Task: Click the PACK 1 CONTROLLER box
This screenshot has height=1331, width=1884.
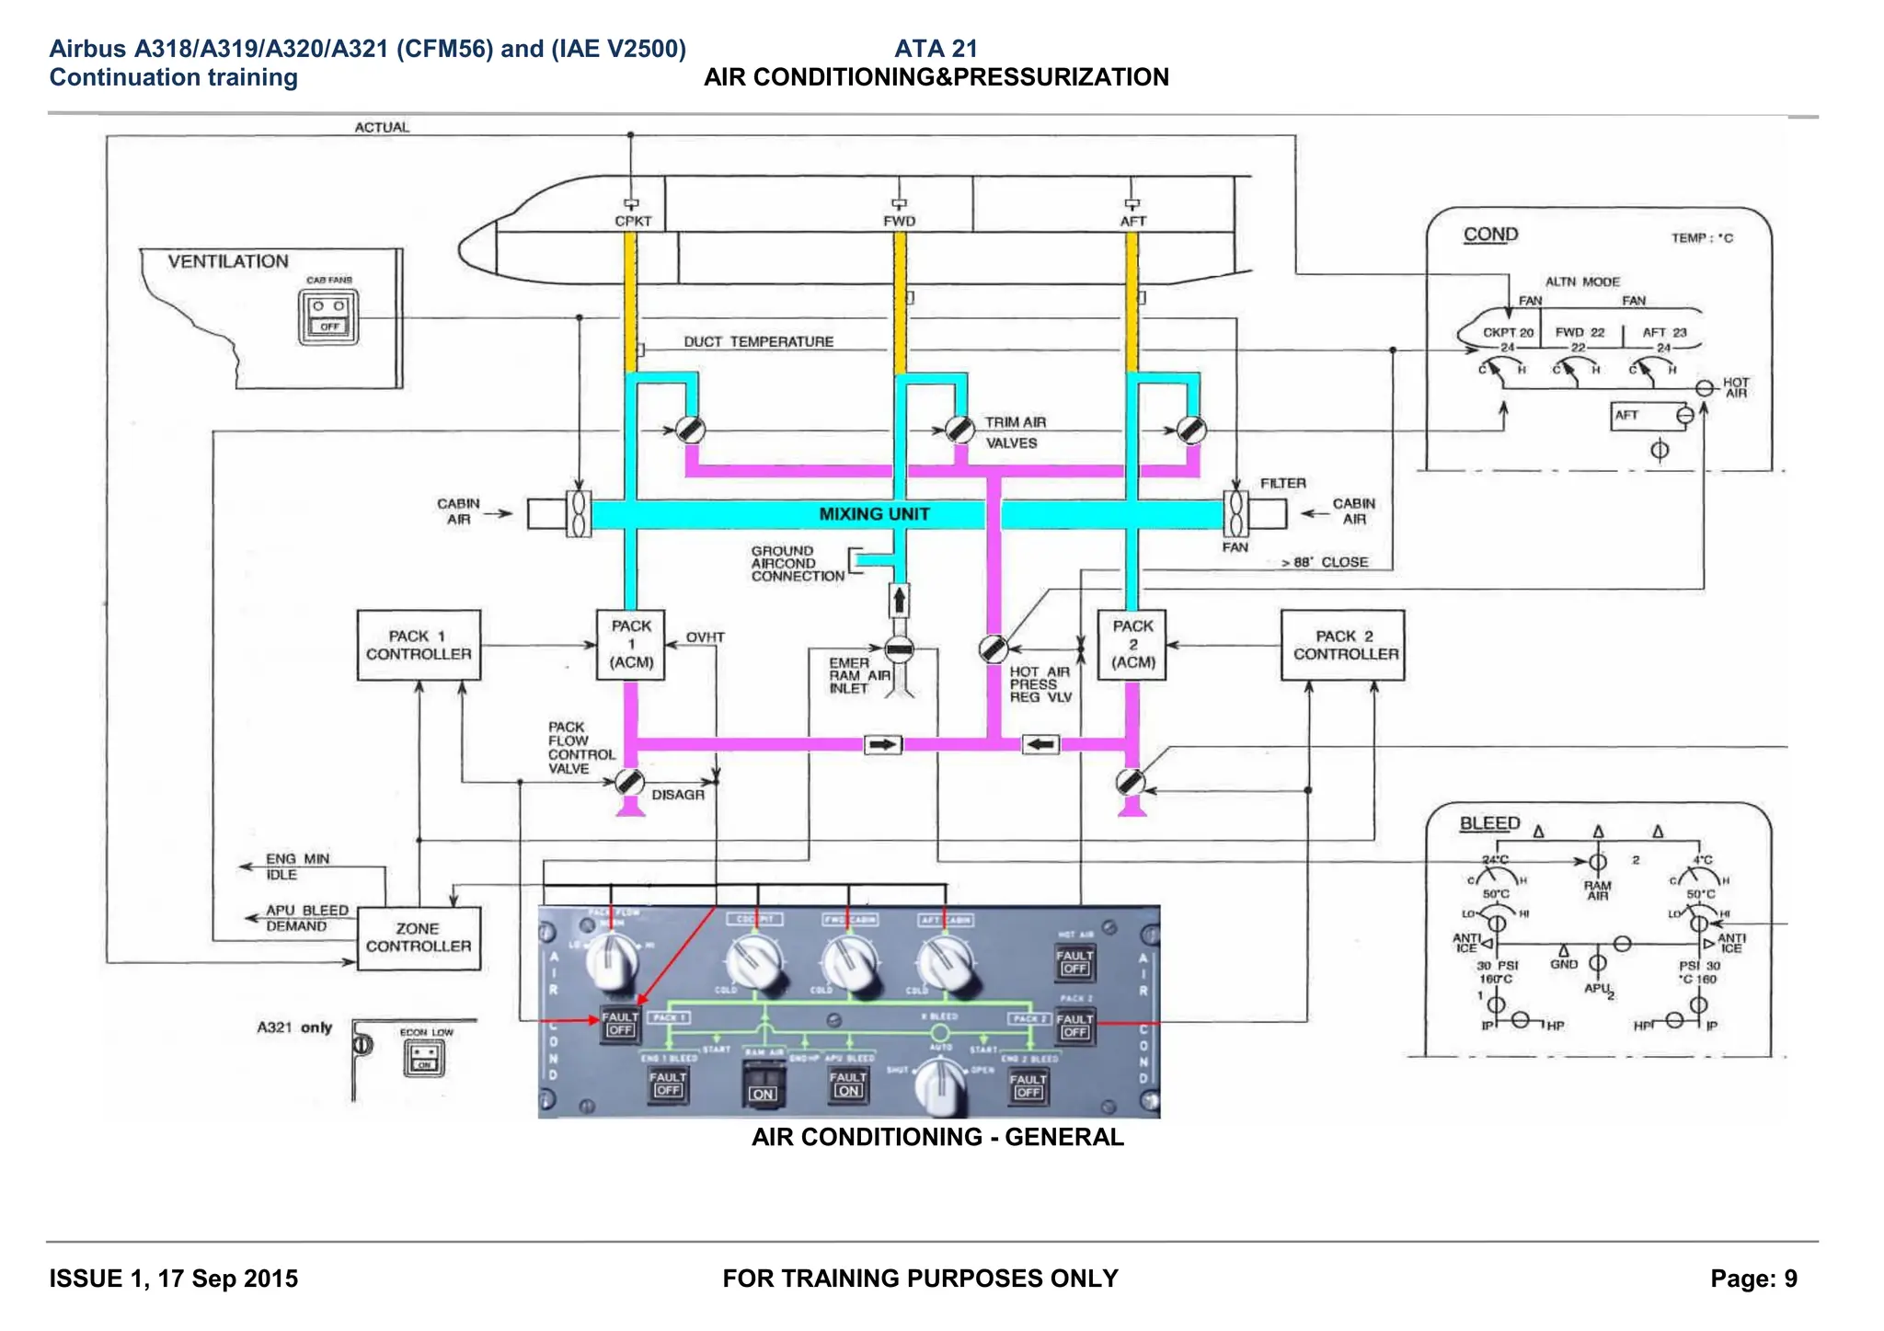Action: (419, 645)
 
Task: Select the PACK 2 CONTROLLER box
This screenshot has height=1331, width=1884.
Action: (1342, 645)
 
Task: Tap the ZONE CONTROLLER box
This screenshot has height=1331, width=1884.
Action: (419, 937)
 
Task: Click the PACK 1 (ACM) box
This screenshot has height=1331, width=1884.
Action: (631, 644)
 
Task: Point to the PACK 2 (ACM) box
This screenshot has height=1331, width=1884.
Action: (1132, 644)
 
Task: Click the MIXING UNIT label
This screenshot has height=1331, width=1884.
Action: (874, 514)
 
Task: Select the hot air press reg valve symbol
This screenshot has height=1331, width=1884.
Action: (993, 648)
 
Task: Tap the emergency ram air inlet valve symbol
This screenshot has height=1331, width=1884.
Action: (899, 649)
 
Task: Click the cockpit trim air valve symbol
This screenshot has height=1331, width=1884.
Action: (690, 430)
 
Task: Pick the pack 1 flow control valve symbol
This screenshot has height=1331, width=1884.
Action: (629, 782)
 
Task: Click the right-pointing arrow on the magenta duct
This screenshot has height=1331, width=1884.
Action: (883, 744)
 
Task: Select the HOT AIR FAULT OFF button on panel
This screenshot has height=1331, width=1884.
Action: (1074, 961)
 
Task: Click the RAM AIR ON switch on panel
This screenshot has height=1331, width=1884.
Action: (763, 1084)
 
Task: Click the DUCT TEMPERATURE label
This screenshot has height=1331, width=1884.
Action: (758, 342)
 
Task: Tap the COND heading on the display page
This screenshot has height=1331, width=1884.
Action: (1490, 235)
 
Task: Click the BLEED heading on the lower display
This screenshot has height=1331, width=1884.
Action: (1489, 823)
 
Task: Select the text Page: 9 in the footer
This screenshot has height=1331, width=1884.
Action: (1752, 1279)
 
